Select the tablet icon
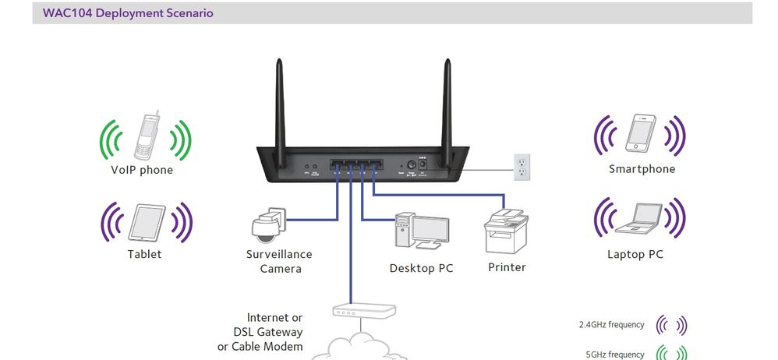point(147,223)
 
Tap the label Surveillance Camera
point(279,262)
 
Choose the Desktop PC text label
point(421,269)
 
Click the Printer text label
point(507,267)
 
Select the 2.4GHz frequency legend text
point(611,324)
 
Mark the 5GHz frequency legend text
point(614,355)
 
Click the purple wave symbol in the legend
point(671,324)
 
